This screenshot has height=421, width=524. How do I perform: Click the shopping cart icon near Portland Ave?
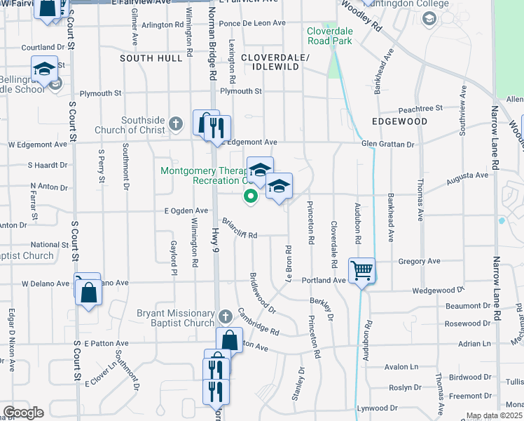[361, 270]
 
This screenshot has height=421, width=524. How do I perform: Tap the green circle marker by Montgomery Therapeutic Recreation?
[249, 196]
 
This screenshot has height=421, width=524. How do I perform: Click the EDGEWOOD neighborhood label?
[400, 121]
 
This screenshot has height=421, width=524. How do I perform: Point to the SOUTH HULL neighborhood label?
[151, 58]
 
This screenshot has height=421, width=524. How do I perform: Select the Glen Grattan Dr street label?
[388, 144]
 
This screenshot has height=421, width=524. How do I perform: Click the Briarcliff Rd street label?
[240, 229]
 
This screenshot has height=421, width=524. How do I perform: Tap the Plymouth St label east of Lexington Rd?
[240, 91]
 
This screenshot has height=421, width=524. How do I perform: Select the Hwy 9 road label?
[215, 253]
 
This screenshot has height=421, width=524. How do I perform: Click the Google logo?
[23, 413]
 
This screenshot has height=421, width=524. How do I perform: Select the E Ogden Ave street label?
[186, 210]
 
